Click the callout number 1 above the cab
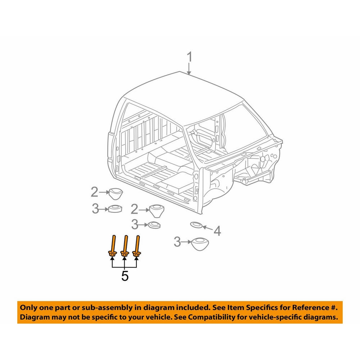coord(189,57)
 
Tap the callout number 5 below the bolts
coord(125,276)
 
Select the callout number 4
coord(217,231)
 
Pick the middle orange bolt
coord(125,246)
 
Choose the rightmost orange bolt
coord(137,246)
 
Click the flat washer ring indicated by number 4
coord(196,224)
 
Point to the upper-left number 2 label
coord(95,192)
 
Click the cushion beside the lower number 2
coord(157,211)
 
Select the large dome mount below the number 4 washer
coord(200,244)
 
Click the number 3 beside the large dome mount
coord(177,242)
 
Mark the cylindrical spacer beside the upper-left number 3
coord(115,209)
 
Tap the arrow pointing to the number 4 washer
coord(207,228)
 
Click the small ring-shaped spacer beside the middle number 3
coord(154,225)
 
